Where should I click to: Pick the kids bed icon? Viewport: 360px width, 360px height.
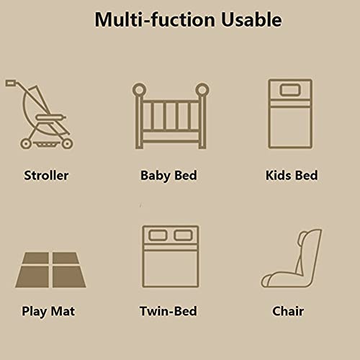point(291,116)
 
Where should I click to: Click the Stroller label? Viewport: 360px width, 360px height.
point(46,175)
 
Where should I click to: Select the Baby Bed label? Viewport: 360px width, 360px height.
point(168,175)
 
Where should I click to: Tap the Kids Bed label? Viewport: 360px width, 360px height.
point(291,175)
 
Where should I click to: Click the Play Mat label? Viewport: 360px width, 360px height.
point(48,312)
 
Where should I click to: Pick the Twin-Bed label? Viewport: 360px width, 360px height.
point(168,312)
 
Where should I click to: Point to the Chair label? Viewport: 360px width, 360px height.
point(288,312)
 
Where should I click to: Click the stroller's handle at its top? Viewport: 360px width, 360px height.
point(11,84)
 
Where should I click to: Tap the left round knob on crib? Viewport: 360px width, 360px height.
point(140,90)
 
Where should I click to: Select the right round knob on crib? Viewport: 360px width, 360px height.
point(202,90)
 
